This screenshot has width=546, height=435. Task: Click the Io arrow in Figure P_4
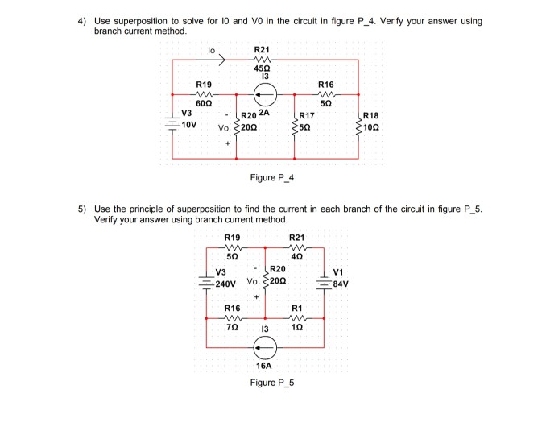(x=221, y=57)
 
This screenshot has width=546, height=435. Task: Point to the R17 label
(x=307, y=116)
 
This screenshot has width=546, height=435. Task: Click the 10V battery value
(x=187, y=126)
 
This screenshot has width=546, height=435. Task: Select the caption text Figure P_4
(x=273, y=177)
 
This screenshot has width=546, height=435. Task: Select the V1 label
(x=337, y=271)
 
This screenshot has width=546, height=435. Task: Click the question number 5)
(x=81, y=209)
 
